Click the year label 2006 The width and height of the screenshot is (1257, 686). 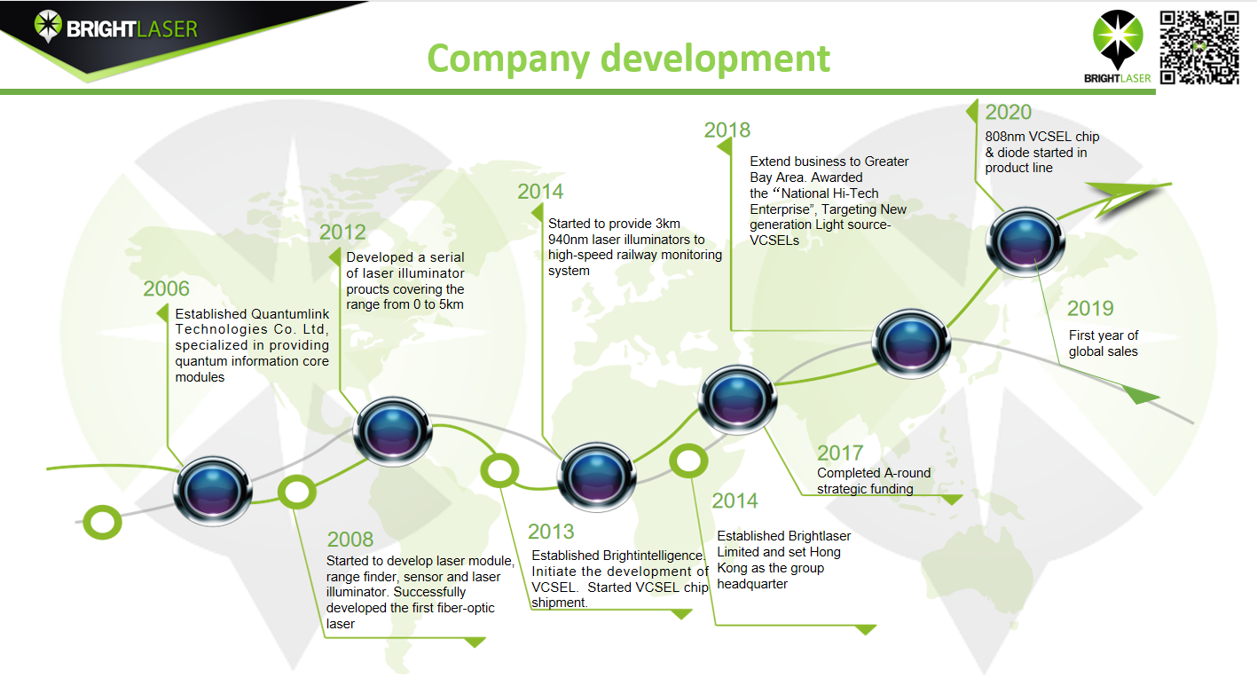click(x=166, y=288)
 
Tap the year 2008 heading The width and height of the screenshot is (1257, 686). click(x=350, y=540)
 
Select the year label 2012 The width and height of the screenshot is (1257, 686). click(x=342, y=233)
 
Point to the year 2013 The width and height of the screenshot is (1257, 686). click(x=551, y=532)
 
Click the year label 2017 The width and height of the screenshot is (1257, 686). click(x=840, y=453)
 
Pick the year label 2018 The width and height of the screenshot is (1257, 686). click(x=727, y=130)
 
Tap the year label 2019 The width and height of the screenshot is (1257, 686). click(x=1090, y=308)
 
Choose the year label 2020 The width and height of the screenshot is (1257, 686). click(x=1009, y=113)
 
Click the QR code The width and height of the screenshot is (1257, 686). click(x=1199, y=47)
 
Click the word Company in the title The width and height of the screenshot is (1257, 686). click(x=508, y=59)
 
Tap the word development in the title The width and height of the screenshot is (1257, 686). click(x=715, y=59)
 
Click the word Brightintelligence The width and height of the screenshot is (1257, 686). click(x=653, y=556)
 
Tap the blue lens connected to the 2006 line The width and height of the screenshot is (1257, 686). click(x=213, y=491)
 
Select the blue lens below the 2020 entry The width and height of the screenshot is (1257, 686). click(x=1025, y=242)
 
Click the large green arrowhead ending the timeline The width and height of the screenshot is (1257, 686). click(x=1128, y=195)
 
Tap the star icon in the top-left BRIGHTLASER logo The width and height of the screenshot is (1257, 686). click(x=48, y=25)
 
